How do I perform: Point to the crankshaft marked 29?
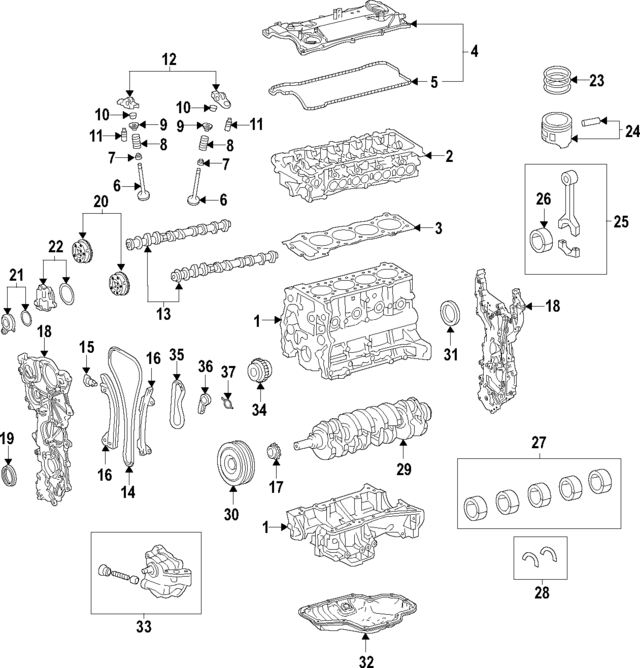pyautogui.click(x=370, y=421)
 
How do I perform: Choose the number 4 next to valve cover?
pyautogui.click(x=474, y=50)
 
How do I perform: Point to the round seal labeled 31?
pyautogui.click(x=450, y=311)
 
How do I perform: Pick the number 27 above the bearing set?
pyautogui.click(x=537, y=442)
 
